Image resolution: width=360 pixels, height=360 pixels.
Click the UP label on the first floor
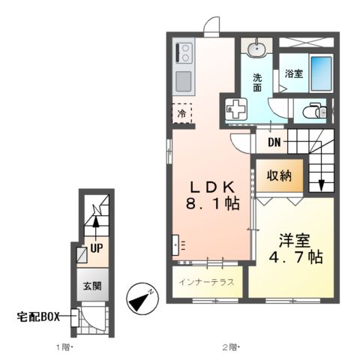click(x=96, y=246)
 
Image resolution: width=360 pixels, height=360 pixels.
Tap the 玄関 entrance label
click(x=92, y=285)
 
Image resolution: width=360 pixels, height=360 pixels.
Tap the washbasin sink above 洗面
click(x=257, y=49)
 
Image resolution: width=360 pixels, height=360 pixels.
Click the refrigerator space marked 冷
click(x=182, y=113)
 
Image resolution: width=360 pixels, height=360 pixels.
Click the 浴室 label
click(x=294, y=73)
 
